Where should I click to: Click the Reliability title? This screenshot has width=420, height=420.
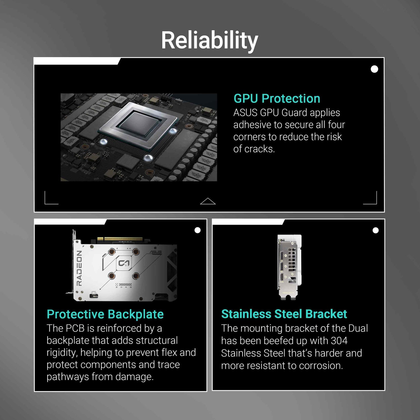tap(209, 40)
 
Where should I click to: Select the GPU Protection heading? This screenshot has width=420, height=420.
tap(277, 99)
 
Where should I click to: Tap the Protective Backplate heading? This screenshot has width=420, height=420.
tap(105, 314)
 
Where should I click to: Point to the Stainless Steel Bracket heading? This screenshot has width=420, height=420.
tap(284, 314)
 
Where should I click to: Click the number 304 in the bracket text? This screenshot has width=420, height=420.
tap(339, 340)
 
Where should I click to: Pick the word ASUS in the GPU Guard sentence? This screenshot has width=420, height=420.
tap(245, 113)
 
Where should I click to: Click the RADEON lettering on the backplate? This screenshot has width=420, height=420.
tap(79, 268)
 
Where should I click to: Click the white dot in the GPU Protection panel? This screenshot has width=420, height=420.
tap(374, 69)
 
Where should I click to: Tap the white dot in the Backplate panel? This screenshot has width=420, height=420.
tap(197, 230)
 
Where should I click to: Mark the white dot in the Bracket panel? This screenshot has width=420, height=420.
tap(376, 230)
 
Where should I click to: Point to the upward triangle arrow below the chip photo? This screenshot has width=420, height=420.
tap(208, 201)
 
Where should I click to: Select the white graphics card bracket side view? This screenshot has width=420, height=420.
tap(290, 267)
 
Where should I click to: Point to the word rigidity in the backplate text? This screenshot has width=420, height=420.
tap(62, 353)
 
